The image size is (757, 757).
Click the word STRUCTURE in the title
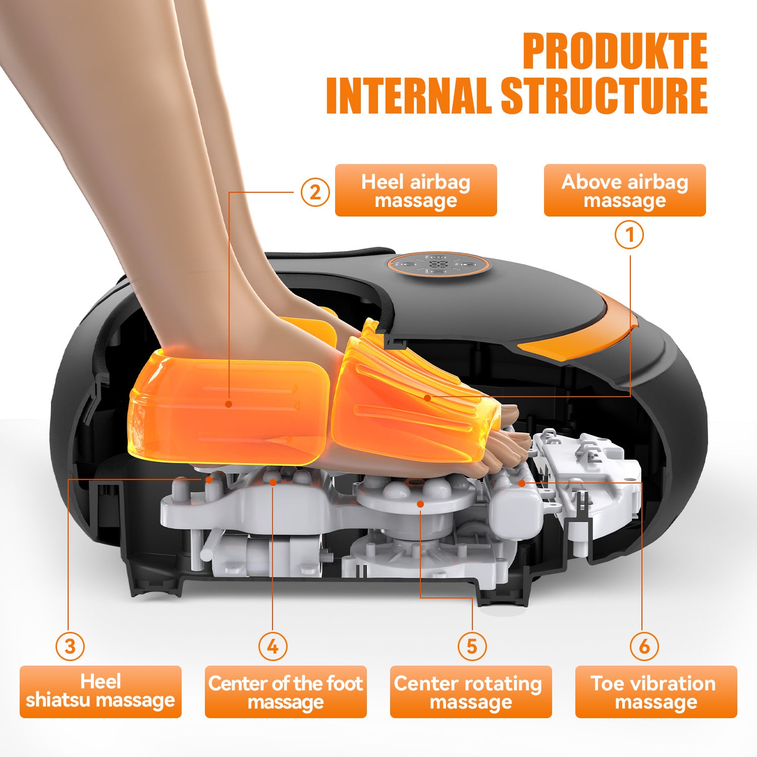pyautogui.click(x=604, y=96)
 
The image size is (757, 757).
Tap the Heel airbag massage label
pyautogui.click(x=416, y=190)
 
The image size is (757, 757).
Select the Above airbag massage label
pyautogui.click(x=624, y=190)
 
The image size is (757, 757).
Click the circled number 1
pyautogui.click(x=629, y=235)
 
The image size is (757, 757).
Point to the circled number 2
pyautogui.click(x=315, y=192)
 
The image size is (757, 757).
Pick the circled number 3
pyautogui.click(x=70, y=646)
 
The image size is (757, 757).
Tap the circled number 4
pyautogui.click(x=273, y=646)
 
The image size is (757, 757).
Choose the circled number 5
pyautogui.click(x=472, y=646)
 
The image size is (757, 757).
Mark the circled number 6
pyautogui.click(x=644, y=646)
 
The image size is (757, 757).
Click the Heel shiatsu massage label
pyautogui.click(x=100, y=691)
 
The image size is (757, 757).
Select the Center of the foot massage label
pyautogui.click(x=286, y=691)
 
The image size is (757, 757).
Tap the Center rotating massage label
pyautogui.click(x=470, y=691)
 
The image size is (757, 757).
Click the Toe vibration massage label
pyautogui.click(x=656, y=691)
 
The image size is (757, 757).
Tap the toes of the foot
pyautogui.click(x=505, y=444)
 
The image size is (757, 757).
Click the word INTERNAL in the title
pyautogui.click(x=409, y=96)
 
